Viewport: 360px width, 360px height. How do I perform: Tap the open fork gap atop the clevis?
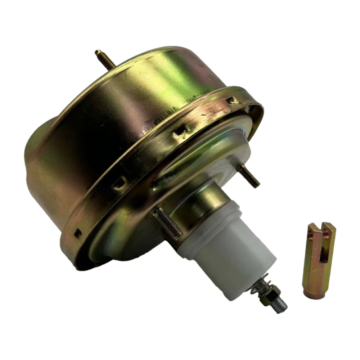click(320, 228)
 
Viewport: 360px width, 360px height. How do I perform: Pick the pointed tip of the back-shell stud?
click(97, 52)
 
